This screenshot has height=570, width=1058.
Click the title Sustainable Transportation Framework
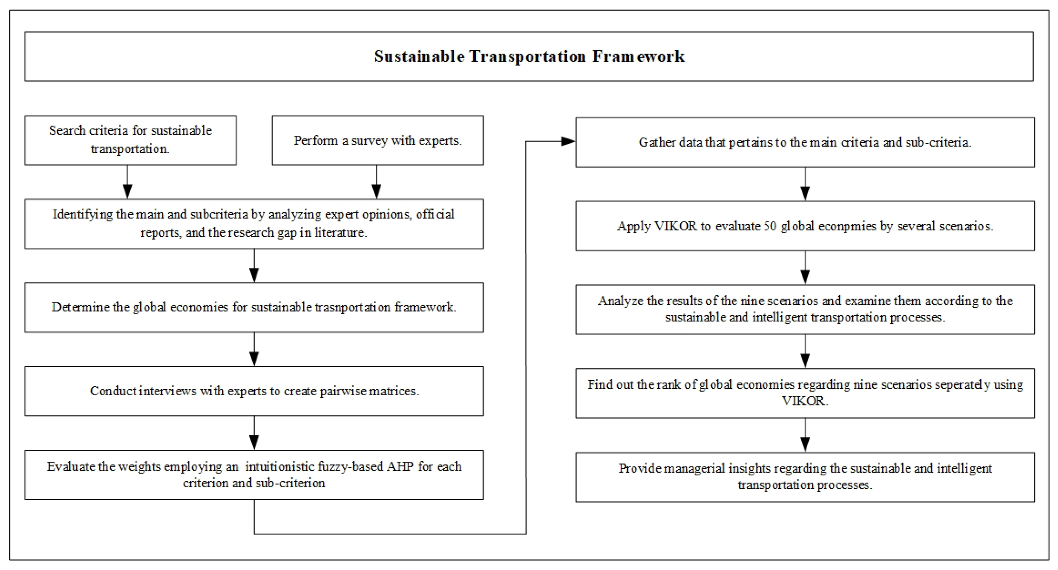tap(529, 56)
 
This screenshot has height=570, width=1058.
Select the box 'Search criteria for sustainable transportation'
tap(130, 140)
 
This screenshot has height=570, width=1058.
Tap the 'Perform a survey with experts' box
tap(378, 140)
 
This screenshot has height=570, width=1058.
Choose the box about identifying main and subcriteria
tap(254, 224)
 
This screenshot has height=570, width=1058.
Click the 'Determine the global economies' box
tap(254, 307)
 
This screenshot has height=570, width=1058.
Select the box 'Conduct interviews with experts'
tap(254, 391)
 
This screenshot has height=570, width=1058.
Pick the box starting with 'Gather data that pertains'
tap(805, 142)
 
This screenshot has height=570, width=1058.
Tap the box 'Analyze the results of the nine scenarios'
tap(805, 309)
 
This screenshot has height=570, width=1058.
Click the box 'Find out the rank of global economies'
tap(805, 393)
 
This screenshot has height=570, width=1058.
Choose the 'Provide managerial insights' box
tap(805, 477)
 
